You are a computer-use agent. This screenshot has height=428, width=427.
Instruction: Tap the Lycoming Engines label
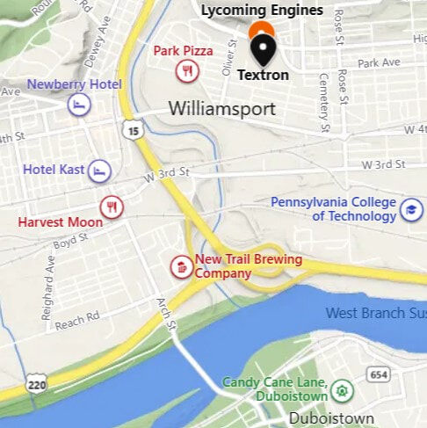coord(262,11)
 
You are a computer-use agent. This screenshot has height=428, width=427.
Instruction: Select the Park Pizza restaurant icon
coord(185,71)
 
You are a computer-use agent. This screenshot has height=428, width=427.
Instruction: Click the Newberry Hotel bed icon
coord(79,105)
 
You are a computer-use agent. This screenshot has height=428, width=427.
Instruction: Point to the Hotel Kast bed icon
coord(100,169)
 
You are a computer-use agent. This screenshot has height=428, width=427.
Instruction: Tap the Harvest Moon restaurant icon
coord(112,207)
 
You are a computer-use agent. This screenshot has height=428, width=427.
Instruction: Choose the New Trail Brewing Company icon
coord(180,266)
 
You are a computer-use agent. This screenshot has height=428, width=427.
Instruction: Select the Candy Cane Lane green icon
coord(342,388)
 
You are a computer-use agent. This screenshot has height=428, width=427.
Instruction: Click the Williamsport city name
coord(221,110)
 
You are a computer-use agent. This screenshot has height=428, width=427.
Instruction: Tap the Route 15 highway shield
coord(133,130)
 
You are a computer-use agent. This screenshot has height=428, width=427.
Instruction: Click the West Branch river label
coord(375,313)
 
